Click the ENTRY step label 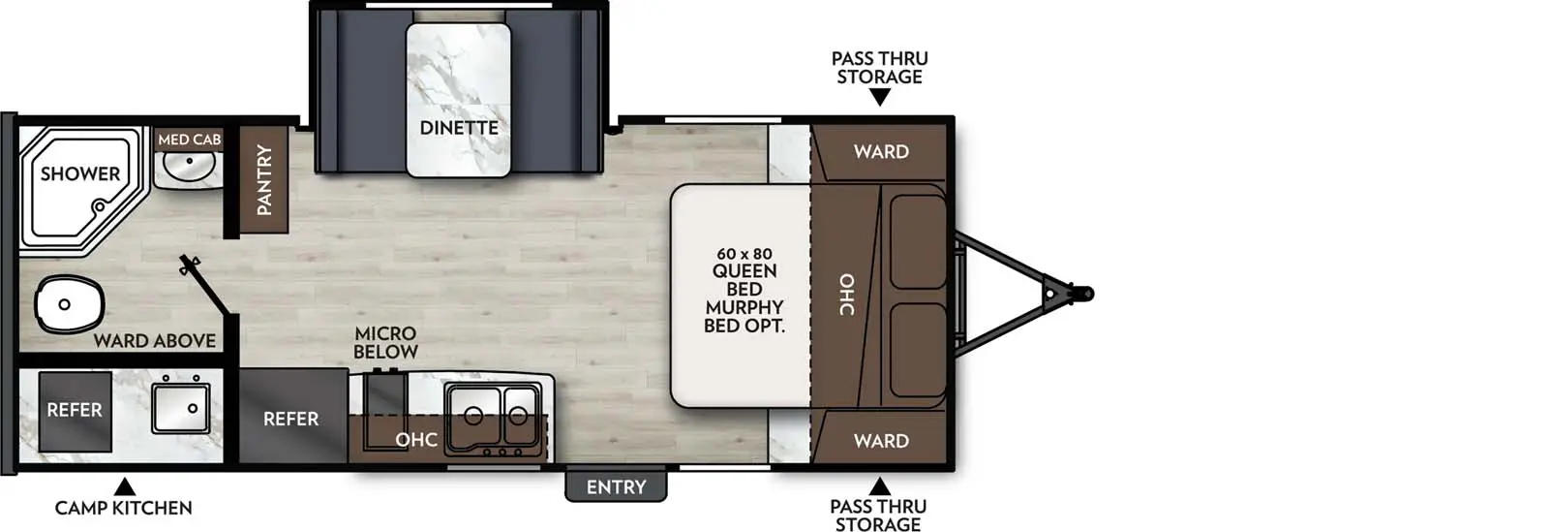(616, 486)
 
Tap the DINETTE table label (459, 128)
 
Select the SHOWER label (80, 174)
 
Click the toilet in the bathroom (68, 304)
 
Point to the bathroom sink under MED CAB (189, 166)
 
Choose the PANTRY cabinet (263, 179)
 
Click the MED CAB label (189, 140)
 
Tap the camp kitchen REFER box (75, 411)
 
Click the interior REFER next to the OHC (291, 419)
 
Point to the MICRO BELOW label (385, 342)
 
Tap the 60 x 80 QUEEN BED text (744, 263)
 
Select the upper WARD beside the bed (881, 151)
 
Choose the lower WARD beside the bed (881, 441)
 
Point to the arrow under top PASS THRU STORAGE (879, 97)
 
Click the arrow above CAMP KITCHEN (124, 485)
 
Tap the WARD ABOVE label (155, 341)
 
